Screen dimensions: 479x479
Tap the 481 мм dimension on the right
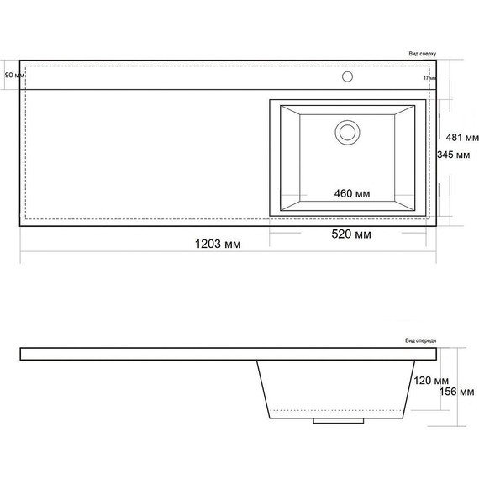[x=461, y=138]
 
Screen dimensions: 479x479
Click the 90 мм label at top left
[x=14, y=76]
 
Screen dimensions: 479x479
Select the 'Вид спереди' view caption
[x=420, y=341]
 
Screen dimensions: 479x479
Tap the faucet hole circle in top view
[x=347, y=76]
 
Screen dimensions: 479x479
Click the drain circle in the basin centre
[x=347, y=132]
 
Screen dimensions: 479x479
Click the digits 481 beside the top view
[x=454, y=138]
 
